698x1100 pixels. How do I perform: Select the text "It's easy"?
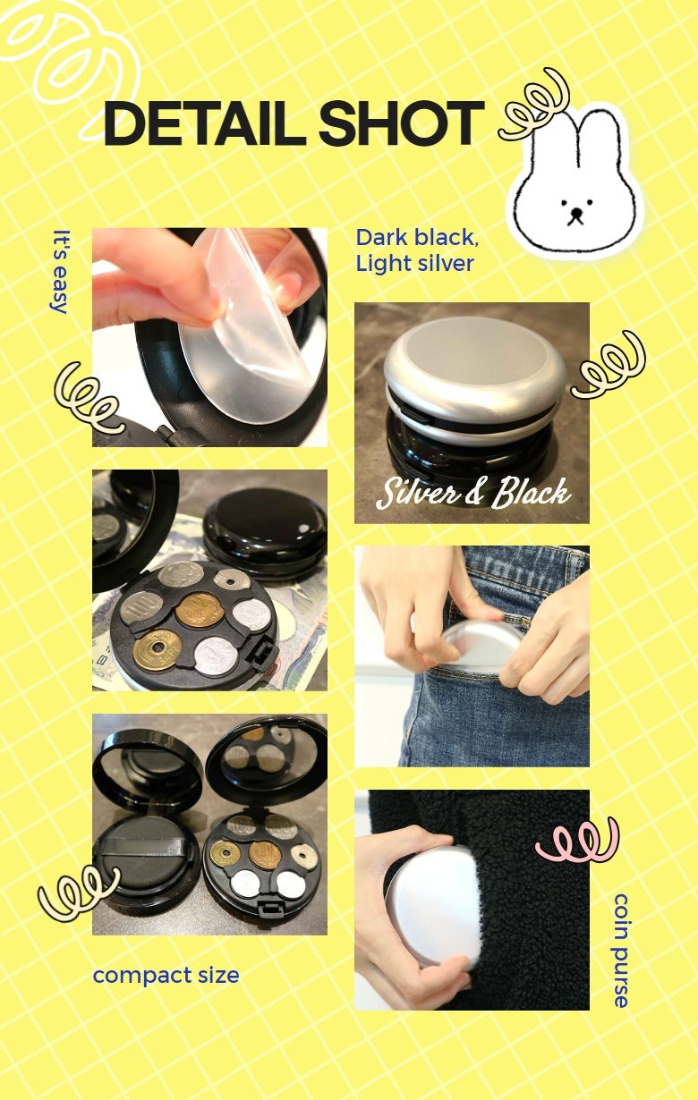pyautogui.click(x=61, y=272)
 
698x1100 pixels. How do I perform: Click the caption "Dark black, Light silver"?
pyautogui.click(x=417, y=250)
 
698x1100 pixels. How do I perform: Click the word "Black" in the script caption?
pyautogui.click(x=531, y=493)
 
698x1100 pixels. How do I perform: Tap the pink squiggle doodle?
pyautogui.click(x=576, y=840)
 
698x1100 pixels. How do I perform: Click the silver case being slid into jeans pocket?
pyautogui.click(x=480, y=642)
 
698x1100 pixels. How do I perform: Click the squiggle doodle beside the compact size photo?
pyautogui.click(x=78, y=893)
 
